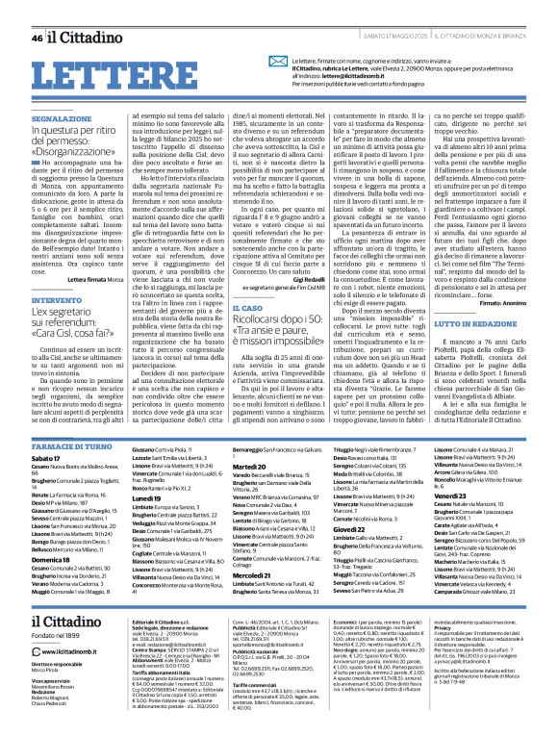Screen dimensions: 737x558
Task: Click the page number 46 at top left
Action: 37,12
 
